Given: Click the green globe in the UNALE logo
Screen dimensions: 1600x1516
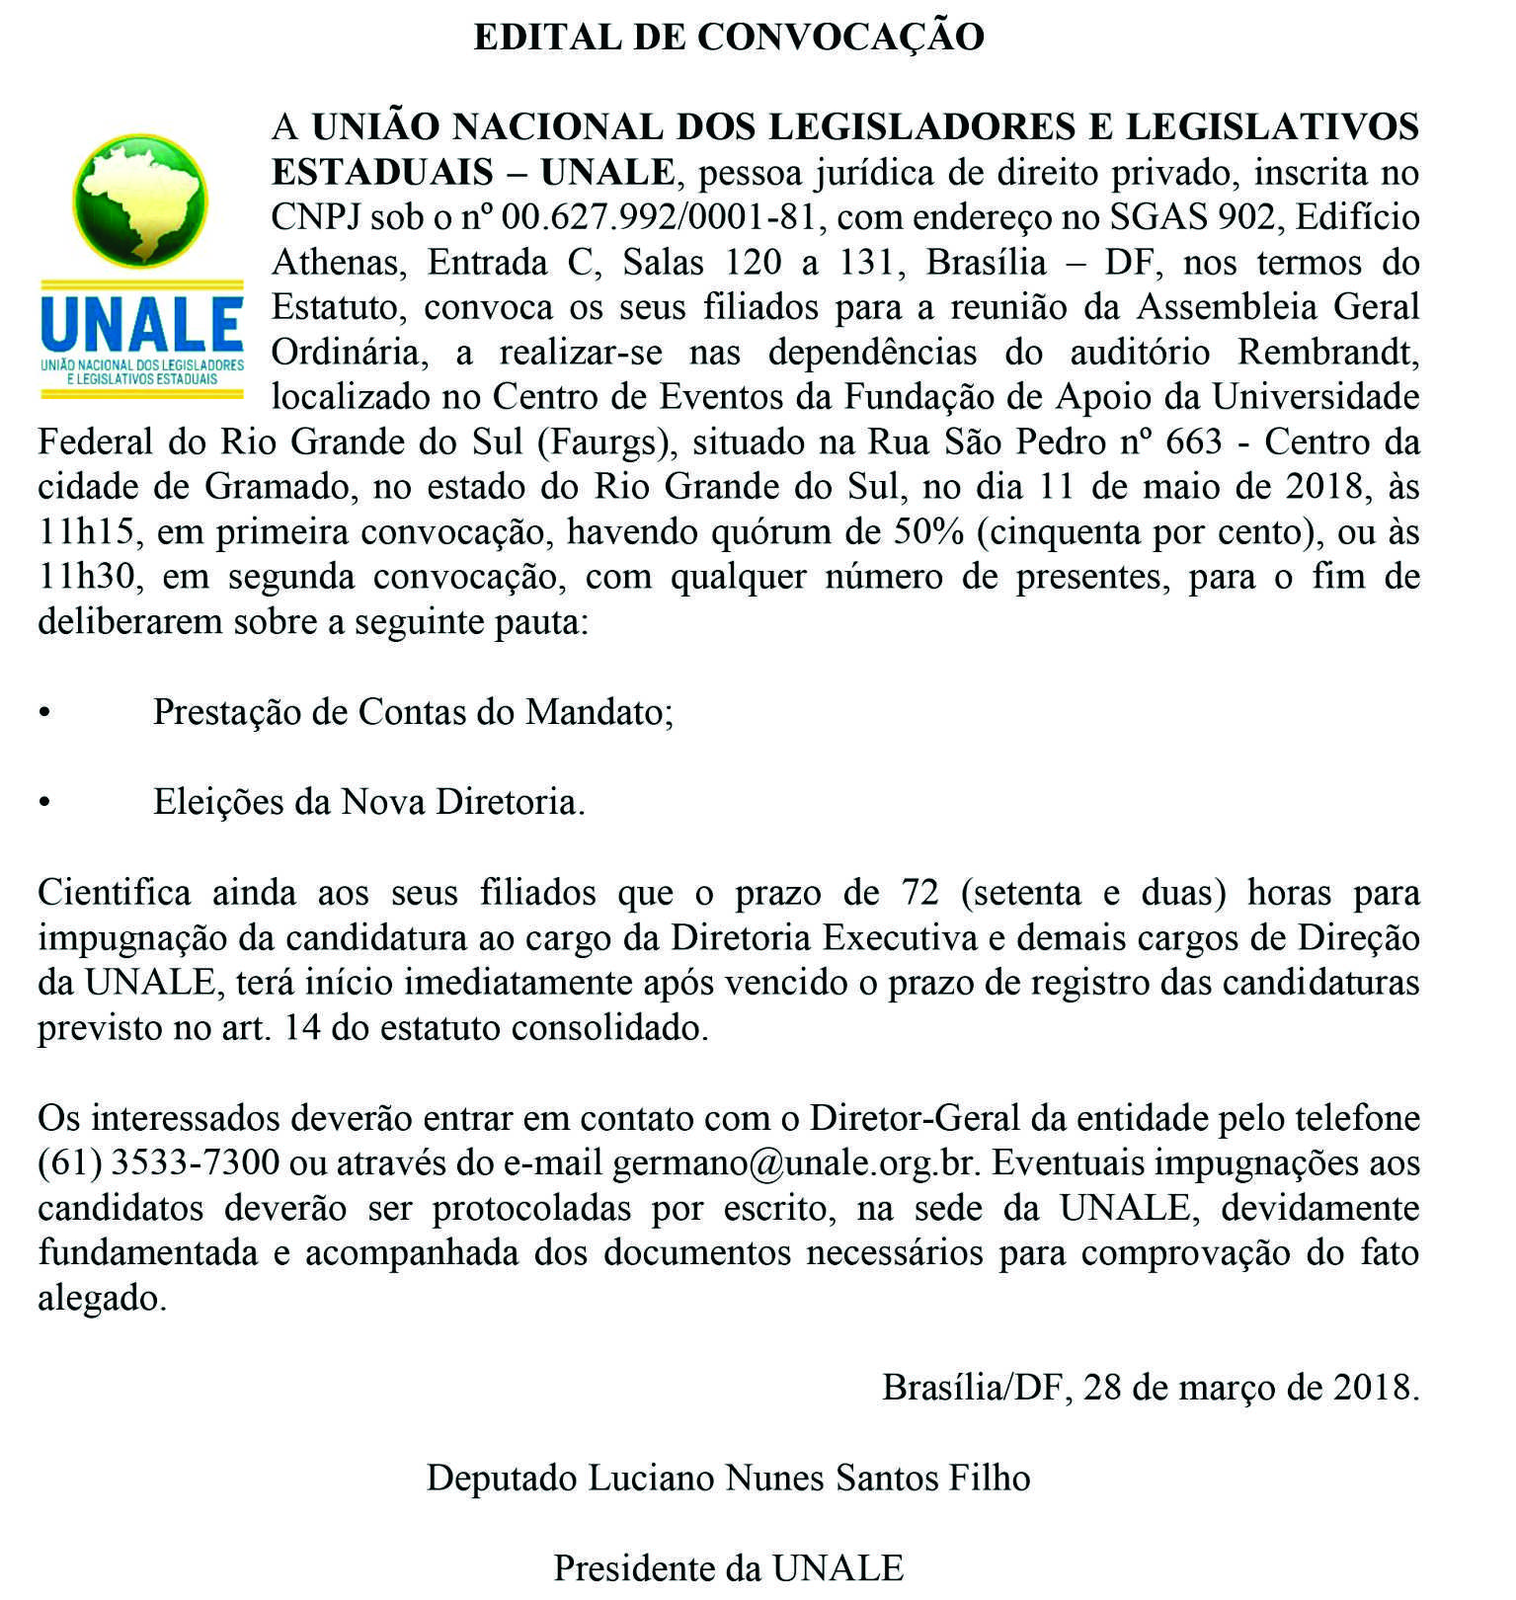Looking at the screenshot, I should pyautogui.click(x=140, y=200).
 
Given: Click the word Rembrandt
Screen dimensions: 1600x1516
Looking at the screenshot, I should pyautogui.click(x=1328, y=353).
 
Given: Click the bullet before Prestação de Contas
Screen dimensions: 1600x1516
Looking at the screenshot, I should pyautogui.click(x=43, y=713).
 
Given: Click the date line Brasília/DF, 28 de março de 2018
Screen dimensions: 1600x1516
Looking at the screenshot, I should pyautogui.click(x=1151, y=1388).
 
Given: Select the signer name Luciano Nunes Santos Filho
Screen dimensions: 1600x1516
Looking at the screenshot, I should pyautogui.click(x=810, y=1479).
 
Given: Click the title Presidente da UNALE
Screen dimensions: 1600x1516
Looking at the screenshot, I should pyautogui.click(x=729, y=1568).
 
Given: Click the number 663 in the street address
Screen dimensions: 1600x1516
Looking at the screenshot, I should pyautogui.click(x=1194, y=442).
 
